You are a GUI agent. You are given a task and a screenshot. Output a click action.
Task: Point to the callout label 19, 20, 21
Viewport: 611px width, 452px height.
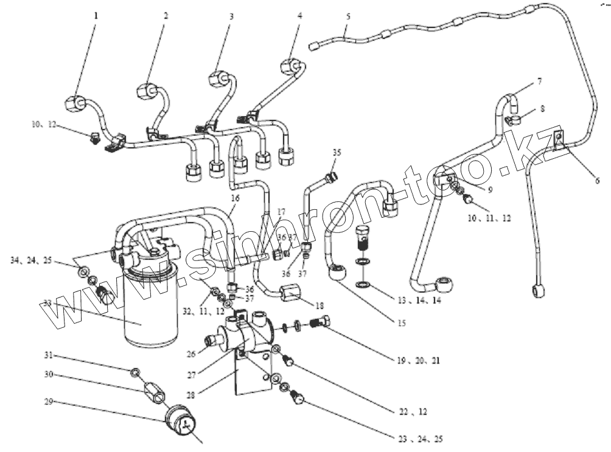[x=419, y=361]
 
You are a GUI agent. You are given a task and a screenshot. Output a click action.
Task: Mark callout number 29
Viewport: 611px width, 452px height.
[x=48, y=403]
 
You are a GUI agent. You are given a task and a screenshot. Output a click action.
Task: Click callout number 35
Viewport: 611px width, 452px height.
[x=338, y=152]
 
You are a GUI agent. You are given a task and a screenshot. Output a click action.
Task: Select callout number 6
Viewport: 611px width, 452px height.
[x=596, y=180]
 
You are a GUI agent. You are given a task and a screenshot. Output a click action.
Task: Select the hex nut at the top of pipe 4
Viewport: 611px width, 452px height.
[x=290, y=65]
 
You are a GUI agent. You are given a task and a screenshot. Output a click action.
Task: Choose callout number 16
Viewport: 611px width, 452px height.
[x=234, y=198]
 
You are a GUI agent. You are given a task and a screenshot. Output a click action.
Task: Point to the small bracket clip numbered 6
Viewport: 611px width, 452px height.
[x=559, y=139]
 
